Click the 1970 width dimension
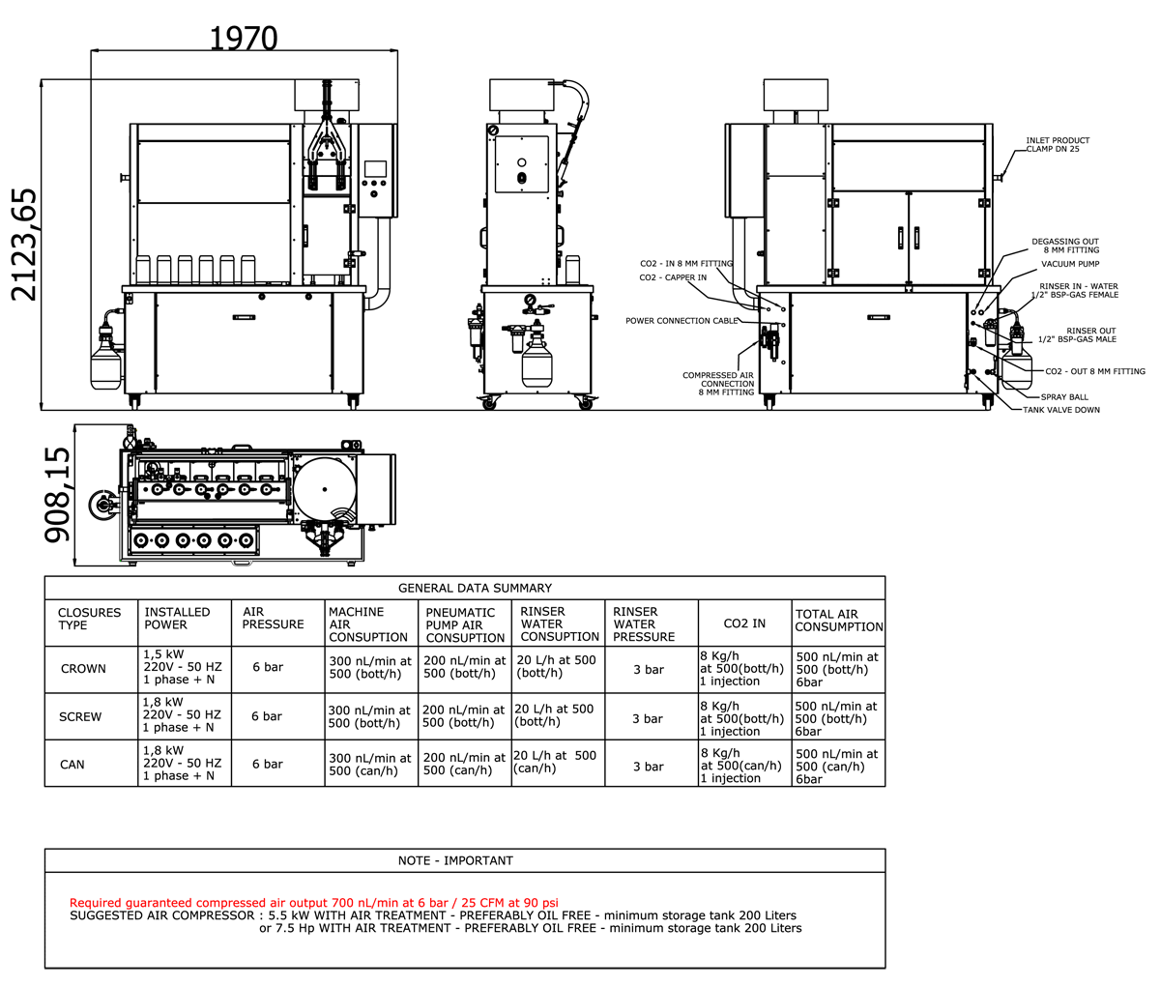(244, 39)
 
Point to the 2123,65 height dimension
(24, 245)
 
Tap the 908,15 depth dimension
(57, 494)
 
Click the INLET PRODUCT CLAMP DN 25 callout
(1058, 145)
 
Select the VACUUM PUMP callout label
(1070, 264)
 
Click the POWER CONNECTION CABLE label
(681, 321)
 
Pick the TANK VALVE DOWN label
(1060, 410)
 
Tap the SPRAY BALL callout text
(1064, 397)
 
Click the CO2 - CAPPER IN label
(673, 277)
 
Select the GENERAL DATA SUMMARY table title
(475, 588)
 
